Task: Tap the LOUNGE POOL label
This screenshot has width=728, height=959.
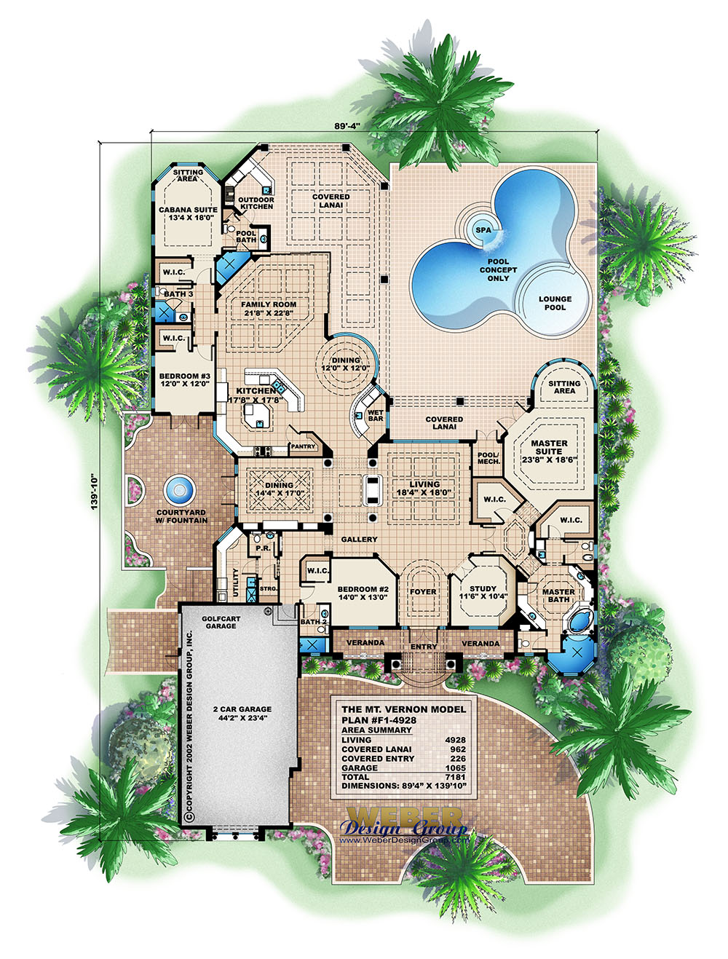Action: coord(555,303)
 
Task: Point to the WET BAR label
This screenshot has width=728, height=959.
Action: coord(376,416)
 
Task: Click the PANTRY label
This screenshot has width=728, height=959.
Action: coord(303,446)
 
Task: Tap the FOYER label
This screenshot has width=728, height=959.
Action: coord(423,592)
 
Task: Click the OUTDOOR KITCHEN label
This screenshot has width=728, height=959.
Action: coord(256,203)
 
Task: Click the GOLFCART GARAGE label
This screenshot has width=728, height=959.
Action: coord(221,623)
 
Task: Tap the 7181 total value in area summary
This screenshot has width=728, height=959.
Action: coord(455,777)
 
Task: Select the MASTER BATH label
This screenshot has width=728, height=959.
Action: coord(558,596)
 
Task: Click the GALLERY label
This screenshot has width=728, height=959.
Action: coord(359,540)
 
